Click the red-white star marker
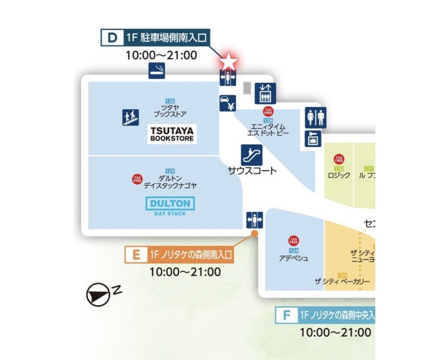click(228, 62)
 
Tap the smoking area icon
click(157, 70)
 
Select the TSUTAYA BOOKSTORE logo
click(172, 134)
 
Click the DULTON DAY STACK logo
click(170, 206)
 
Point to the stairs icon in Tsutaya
click(130, 117)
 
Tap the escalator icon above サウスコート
click(252, 155)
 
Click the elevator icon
click(264, 93)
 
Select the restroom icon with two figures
click(315, 117)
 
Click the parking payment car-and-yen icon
click(228, 103)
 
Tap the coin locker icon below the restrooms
click(312, 139)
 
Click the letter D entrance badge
click(112, 38)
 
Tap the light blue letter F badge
click(287, 315)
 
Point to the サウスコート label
click(252, 170)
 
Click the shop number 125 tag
click(170, 171)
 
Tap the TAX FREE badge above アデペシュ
click(294, 240)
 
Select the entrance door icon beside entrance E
click(254, 220)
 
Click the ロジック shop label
click(339, 175)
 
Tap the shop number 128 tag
click(268, 120)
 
